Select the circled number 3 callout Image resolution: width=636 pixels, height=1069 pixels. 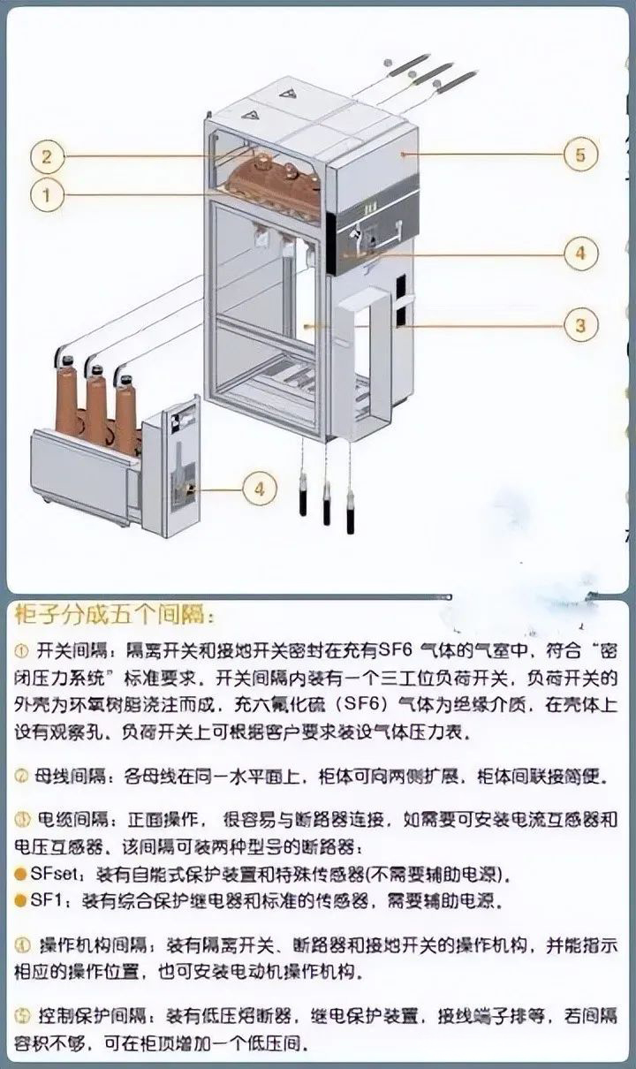click(x=579, y=325)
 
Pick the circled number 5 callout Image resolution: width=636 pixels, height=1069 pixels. click(x=579, y=155)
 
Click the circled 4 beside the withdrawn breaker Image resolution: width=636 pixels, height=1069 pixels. click(x=258, y=488)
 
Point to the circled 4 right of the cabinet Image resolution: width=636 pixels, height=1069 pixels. click(x=579, y=253)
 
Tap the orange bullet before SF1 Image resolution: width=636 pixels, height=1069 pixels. click(x=20, y=902)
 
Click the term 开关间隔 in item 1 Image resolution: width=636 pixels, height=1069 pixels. click(x=67, y=651)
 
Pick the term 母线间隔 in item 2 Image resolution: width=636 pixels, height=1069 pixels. click(x=67, y=777)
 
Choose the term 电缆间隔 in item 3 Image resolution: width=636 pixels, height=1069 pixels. click(x=67, y=819)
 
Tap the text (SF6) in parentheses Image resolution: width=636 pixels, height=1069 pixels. click(x=361, y=705)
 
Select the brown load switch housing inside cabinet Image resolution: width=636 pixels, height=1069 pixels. click(x=276, y=180)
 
